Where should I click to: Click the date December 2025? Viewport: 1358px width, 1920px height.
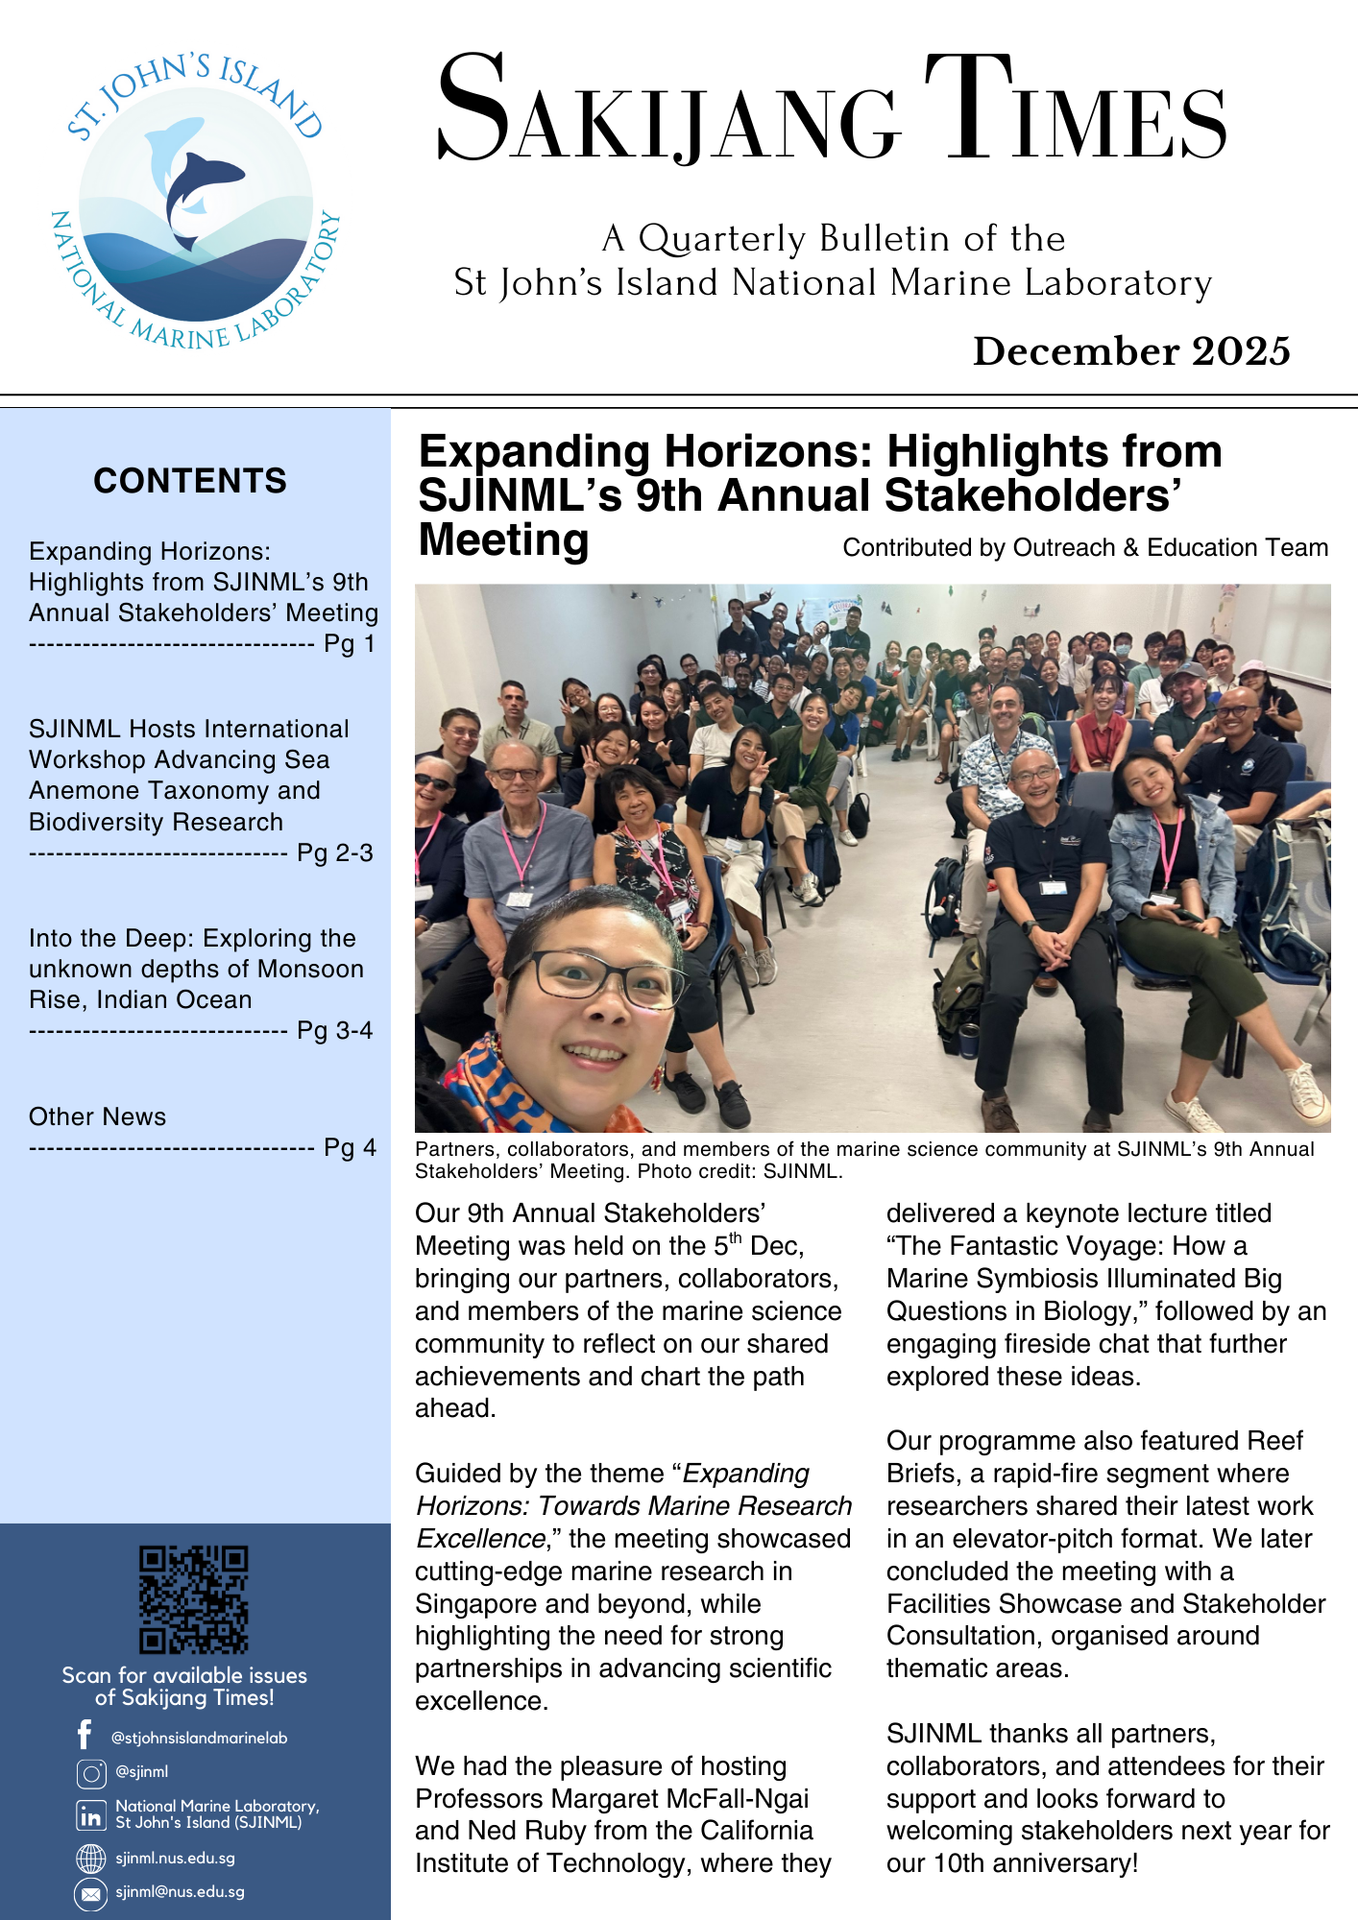[x=1130, y=351]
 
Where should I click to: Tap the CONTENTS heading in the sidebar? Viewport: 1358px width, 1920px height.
[x=190, y=480]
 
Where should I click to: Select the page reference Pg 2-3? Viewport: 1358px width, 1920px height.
[x=334, y=852]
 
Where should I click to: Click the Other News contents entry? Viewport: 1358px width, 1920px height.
[x=97, y=1116]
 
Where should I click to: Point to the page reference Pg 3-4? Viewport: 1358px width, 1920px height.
[x=334, y=1030]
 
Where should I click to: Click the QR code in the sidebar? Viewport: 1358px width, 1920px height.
[x=194, y=1598]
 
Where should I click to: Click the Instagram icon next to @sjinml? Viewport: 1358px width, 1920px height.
[x=91, y=1773]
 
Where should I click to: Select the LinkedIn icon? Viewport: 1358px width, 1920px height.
[x=91, y=1815]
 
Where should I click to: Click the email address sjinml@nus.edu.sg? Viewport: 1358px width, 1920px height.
[x=180, y=1892]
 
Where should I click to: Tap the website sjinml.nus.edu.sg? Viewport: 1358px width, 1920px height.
[x=175, y=1858]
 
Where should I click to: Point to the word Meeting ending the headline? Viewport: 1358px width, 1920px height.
[x=503, y=540]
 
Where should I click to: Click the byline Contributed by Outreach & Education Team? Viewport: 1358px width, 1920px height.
[x=1085, y=547]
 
